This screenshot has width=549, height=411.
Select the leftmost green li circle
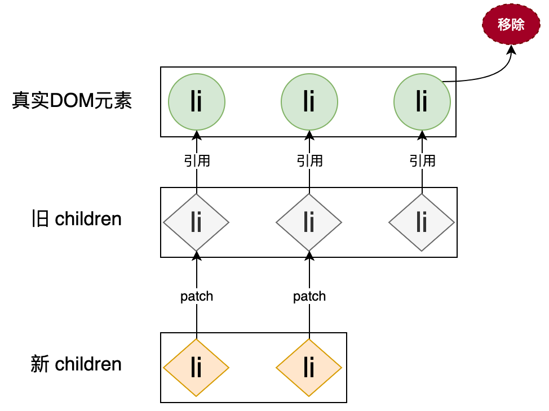197,102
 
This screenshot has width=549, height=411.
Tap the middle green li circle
309,102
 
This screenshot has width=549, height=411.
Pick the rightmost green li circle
422,102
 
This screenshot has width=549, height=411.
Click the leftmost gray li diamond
196,222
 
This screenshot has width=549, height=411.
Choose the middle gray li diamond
309,222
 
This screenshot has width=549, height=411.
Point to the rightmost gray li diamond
422,222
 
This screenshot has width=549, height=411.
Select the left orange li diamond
196,368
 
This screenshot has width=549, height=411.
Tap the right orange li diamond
309,368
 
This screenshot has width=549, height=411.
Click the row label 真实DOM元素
72,102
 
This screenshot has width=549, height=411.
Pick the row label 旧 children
77,218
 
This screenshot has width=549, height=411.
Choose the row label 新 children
77,364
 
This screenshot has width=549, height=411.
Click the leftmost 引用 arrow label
197,161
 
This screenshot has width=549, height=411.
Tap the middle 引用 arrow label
309,161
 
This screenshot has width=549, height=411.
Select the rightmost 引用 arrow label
422,161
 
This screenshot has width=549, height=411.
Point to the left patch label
197,296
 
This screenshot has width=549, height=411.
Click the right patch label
309,296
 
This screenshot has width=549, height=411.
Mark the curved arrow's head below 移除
511,50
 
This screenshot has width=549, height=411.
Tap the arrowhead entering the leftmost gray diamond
197,256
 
